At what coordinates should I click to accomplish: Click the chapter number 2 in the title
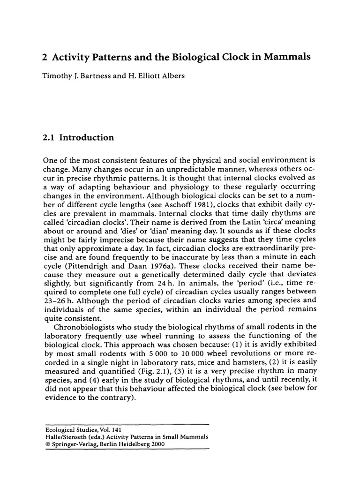tap(45, 57)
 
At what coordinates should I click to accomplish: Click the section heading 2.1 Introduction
tap(78, 138)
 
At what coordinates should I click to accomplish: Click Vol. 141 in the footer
tap(96, 428)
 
